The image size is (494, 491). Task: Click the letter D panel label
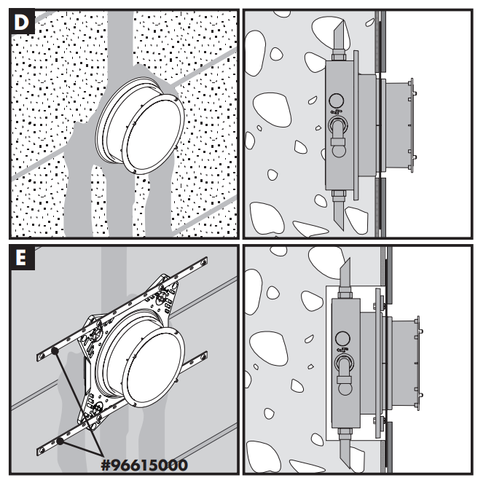[x=21, y=23]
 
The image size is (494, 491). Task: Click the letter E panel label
[x=21, y=258]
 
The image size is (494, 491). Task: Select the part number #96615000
[x=144, y=466]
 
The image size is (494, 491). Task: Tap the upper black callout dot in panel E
[x=55, y=350]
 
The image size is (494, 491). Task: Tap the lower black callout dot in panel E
[x=60, y=441]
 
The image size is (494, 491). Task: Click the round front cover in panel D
[x=153, y=134]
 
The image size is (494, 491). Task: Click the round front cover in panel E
[x=153, y=367]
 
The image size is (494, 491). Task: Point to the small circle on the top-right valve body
[x=336, y=101]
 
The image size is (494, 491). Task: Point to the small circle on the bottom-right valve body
[x=342, y=339]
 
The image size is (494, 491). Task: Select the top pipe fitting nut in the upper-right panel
[x=339, y=57]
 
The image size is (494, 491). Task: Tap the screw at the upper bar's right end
[x=205, y=261]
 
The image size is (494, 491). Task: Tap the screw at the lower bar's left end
[x=42, y=452]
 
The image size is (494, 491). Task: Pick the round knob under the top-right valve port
[x=338, y=152]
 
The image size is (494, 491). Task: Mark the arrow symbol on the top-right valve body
[x=336, y=111]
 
